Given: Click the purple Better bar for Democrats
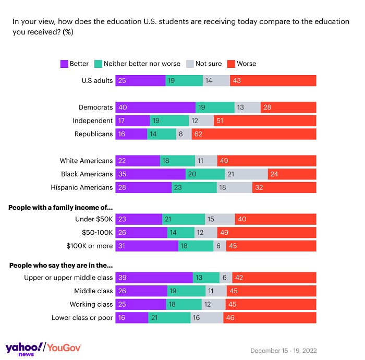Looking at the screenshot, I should (155, 107).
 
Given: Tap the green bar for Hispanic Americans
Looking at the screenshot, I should (194, 187).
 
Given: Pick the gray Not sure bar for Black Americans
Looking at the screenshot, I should (247, 174).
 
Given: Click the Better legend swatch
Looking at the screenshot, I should (65, 64).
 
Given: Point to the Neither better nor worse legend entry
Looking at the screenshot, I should (138, 64).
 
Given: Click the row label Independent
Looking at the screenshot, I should (92, 121).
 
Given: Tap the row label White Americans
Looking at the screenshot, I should (86, 161).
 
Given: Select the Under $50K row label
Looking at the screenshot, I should (94, 220).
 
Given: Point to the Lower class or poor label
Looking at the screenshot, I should (82, 318).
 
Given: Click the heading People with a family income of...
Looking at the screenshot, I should (60, 207).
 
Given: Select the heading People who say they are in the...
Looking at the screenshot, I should (60, 265).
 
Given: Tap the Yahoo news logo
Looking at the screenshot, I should (24, 349).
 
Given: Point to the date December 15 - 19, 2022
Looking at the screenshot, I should (283, 351).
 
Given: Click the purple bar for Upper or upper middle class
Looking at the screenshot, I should (154, 278).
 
